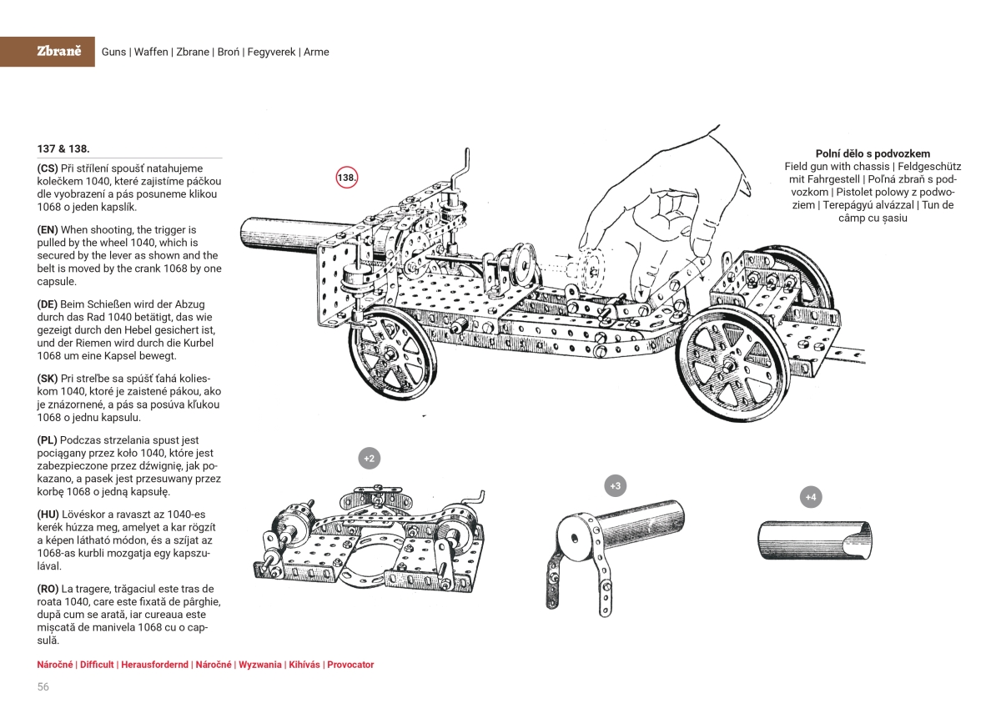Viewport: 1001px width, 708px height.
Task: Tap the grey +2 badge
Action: (369, 458)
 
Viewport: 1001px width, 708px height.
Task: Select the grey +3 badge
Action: (615, 485)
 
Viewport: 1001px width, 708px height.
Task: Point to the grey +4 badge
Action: (810, 497)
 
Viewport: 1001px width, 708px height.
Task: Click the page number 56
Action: (43, 686)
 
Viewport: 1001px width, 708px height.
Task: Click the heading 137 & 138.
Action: (63, 148)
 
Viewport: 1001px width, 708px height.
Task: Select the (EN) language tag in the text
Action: (48, 229)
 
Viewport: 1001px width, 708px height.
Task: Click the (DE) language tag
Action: (48, 304)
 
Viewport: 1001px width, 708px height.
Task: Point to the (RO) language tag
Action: (49, 589)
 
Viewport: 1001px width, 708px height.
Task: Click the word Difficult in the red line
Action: (97, 665)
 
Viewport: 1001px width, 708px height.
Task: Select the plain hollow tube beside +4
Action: (816, 541)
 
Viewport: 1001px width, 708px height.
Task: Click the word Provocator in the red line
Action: (350, 665)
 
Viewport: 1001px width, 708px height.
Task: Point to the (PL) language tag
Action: (48, 439)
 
